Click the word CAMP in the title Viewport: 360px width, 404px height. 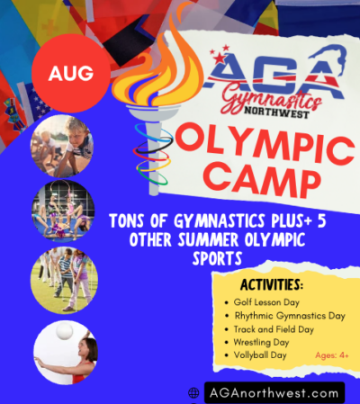click(x=252, y=181)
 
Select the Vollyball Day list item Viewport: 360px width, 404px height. click(x=259, y=355)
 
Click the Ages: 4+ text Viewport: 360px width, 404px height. click(x=332, y=355)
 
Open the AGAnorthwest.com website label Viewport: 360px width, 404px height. click(x=274, y=393)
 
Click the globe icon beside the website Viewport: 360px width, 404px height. click(x=193, y=393)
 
